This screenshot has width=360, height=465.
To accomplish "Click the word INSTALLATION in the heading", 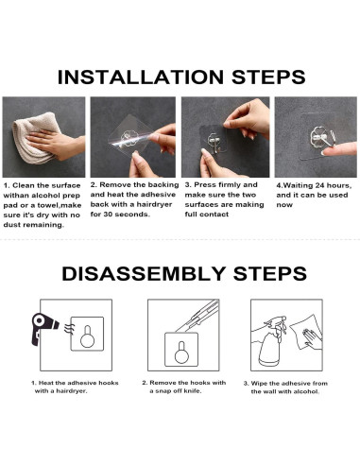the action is click(x=141, y=77).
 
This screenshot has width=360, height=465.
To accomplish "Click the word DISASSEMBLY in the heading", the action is click(x=144, y=273).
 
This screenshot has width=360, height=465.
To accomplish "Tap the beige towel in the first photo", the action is click(x=35, y=138).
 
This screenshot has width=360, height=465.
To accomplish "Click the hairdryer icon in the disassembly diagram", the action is click(x=44, y=329).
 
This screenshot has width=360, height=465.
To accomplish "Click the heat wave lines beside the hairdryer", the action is click(x=68, y=328).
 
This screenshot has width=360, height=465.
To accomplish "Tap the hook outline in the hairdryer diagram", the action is click(x=87, y=336).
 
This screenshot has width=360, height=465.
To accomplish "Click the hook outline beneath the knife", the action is click(x=181, y=353).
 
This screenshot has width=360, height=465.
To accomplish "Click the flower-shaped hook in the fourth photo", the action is click(x=318, y=136).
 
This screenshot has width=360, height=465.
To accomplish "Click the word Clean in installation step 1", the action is click(x=23, y=185).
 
